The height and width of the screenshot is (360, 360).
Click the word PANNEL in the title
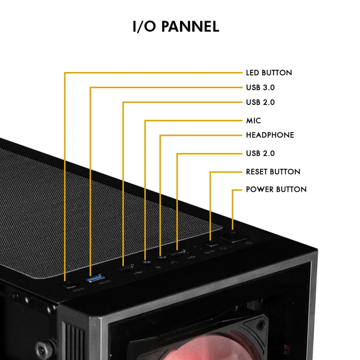tap(190, 27)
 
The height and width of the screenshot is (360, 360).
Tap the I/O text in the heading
tap(144, 27)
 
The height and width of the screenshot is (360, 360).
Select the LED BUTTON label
tap(269, 73)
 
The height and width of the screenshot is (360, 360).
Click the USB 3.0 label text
tap(260, 87)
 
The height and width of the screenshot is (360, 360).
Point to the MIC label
tap(253, 121)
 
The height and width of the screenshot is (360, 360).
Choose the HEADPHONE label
tap(270, 135)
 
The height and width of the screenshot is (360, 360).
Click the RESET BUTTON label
tap(273, 172)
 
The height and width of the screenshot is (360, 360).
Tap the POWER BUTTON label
tap(276, 189)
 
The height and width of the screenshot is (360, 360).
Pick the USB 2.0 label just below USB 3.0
tap(260, 102)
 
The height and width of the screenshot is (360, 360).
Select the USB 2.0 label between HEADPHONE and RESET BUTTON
tap(260, 153)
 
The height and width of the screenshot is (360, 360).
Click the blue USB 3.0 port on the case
tap(94, 279)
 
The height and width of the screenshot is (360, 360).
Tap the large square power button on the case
tap(233, 237)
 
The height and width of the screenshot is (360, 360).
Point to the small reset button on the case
tap(211, 243)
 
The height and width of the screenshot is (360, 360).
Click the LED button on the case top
tap(68, 286)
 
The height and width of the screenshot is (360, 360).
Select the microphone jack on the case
tap(146, 262)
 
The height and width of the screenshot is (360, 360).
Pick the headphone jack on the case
tap(162, 258)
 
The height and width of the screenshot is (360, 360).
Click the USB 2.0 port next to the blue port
tap(125, 268)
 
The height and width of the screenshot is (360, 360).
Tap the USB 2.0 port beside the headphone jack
tap(178, 253)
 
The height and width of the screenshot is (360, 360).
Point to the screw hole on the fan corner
tap(261, 325)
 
